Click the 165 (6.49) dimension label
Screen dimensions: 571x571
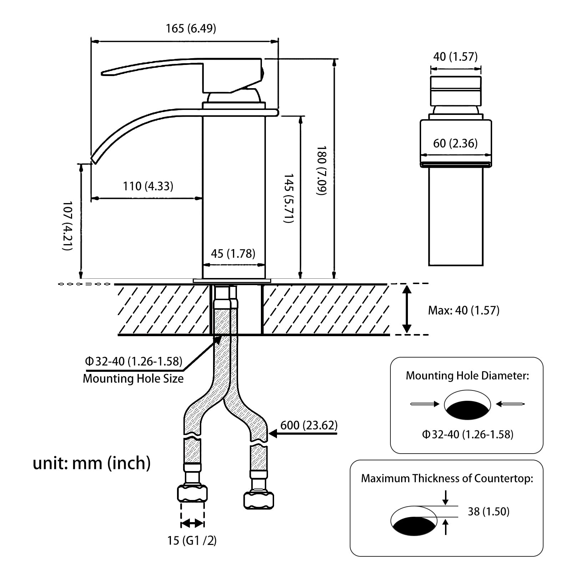tap(191, 28)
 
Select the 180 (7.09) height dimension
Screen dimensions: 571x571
tap(321, 170)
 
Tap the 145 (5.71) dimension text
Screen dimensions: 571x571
tap(288, 198)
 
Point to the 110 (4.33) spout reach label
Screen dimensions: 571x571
tap(148, 186)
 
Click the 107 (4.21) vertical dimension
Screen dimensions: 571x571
tap(67, 226)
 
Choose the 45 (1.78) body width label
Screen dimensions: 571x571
tap(233, 253)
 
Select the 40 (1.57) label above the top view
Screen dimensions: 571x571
tap(455, 56)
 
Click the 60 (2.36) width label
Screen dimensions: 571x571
tap(455, 143)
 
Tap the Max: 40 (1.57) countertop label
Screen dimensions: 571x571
tap(464, 310)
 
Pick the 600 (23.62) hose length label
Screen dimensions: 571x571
tap(309, 425)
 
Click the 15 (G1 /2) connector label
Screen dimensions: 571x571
tap(192, 540)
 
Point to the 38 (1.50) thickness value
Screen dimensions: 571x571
tap(489, 511)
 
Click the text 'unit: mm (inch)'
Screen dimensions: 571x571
tap(92, 463)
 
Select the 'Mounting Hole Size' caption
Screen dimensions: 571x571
tap(133, 378)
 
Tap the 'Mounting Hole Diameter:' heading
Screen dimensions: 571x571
tap(468, 375)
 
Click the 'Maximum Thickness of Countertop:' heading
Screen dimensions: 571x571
tap(447, 478)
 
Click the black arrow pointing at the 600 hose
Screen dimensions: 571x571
tap(303, 434)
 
